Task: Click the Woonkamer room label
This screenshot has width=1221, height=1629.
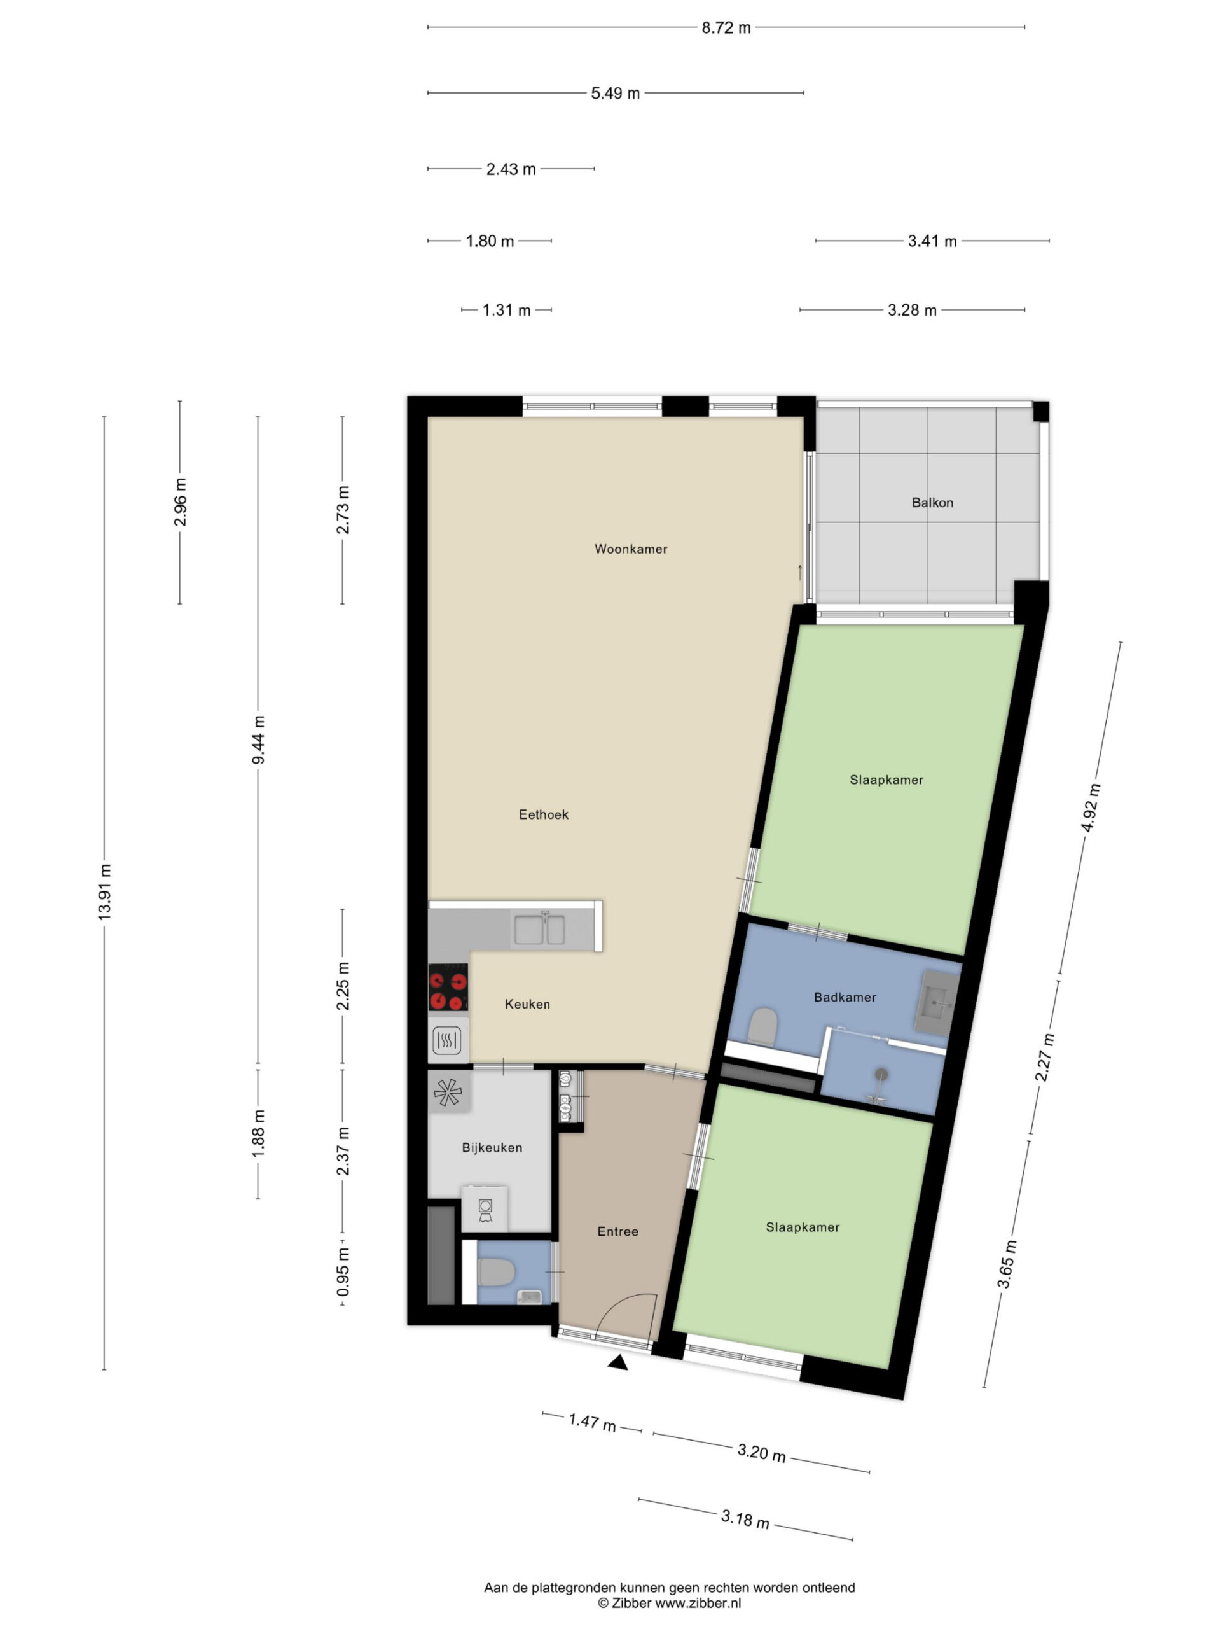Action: (631, 549)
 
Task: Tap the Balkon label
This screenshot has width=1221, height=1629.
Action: (932, 502)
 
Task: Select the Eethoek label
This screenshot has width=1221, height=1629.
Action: (544, 814)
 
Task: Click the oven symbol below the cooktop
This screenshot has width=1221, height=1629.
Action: (448, 1040)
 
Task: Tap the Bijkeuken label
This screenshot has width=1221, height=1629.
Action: (492, 1147)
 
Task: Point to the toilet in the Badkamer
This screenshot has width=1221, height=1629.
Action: (763, 1026)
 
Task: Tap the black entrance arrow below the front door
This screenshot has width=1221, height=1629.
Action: (618, 1363)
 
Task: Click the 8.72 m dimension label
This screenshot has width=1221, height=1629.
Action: (726, 28)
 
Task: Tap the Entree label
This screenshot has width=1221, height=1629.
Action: (618, 1231)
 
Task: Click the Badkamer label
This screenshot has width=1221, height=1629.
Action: (845, 997)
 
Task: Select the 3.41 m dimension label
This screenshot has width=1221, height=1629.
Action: (932, 241)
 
